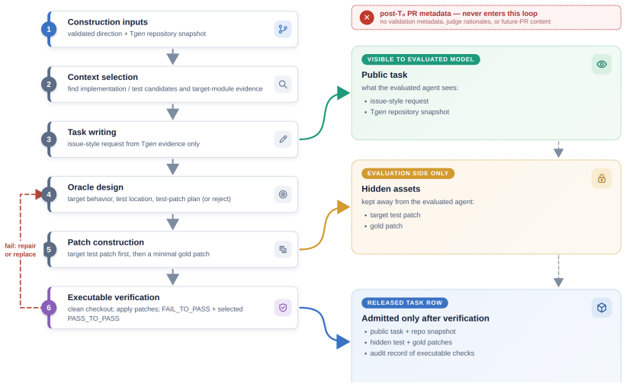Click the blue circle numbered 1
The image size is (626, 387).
coord(49,29)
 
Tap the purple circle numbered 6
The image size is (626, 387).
coord(49,308)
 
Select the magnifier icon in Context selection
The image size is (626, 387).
coord(283,85)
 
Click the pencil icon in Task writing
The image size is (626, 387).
coord(283,139)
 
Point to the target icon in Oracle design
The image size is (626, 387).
coord(283,194)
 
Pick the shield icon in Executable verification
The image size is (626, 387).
coord(283,308)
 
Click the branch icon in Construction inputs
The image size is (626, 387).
coord(283,29)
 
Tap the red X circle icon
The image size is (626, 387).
coord(367,18)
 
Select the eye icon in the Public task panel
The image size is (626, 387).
coord(602,64)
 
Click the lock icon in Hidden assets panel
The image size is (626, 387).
coord(602,178)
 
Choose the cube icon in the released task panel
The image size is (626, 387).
coord(602,308)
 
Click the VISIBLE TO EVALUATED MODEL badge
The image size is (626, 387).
coord(420,59)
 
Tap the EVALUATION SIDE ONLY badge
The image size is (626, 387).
coord(408,174)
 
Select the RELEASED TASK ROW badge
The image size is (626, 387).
coord(404,302)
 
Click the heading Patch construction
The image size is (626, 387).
coord(106,242)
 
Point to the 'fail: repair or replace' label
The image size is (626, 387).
coord(21,250)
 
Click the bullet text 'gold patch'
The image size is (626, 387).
coord(386,225)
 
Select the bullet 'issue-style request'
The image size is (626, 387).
coord(400,101)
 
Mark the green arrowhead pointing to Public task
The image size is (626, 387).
coord(343,93)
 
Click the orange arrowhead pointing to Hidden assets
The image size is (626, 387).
coord(343,207)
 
